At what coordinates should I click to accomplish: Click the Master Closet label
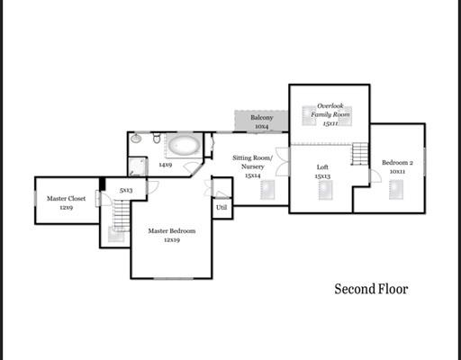coord(66,199)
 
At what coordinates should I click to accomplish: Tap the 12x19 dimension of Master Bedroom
coord(172,240)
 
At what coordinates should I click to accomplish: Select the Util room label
coord(221,207)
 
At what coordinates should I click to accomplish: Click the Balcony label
coord(262,118)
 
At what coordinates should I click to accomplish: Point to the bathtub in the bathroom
coord(184,145)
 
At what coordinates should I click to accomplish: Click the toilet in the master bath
coord(157,138)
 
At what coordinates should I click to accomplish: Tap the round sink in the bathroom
coord(136,138)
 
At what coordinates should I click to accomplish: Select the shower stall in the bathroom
coord(138,166)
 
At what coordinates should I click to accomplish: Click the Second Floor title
coord(371,289)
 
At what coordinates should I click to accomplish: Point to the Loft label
coord(322,167)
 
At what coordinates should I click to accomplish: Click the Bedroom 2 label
coord(397,163)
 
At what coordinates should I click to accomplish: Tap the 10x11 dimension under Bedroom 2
coord(397,172)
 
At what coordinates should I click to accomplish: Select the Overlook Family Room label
coord(330,110)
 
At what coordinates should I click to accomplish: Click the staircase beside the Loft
coord(360,154)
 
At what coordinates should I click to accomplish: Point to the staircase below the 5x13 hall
coord(122,215)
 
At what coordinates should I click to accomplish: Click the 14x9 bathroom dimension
coord(166,165)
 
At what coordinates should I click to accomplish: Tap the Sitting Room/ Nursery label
coord(252,162)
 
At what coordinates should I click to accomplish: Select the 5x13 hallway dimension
coord(126,190)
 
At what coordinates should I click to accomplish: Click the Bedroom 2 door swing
coord(375,175)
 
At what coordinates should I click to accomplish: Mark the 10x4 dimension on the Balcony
coord(262,127)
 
